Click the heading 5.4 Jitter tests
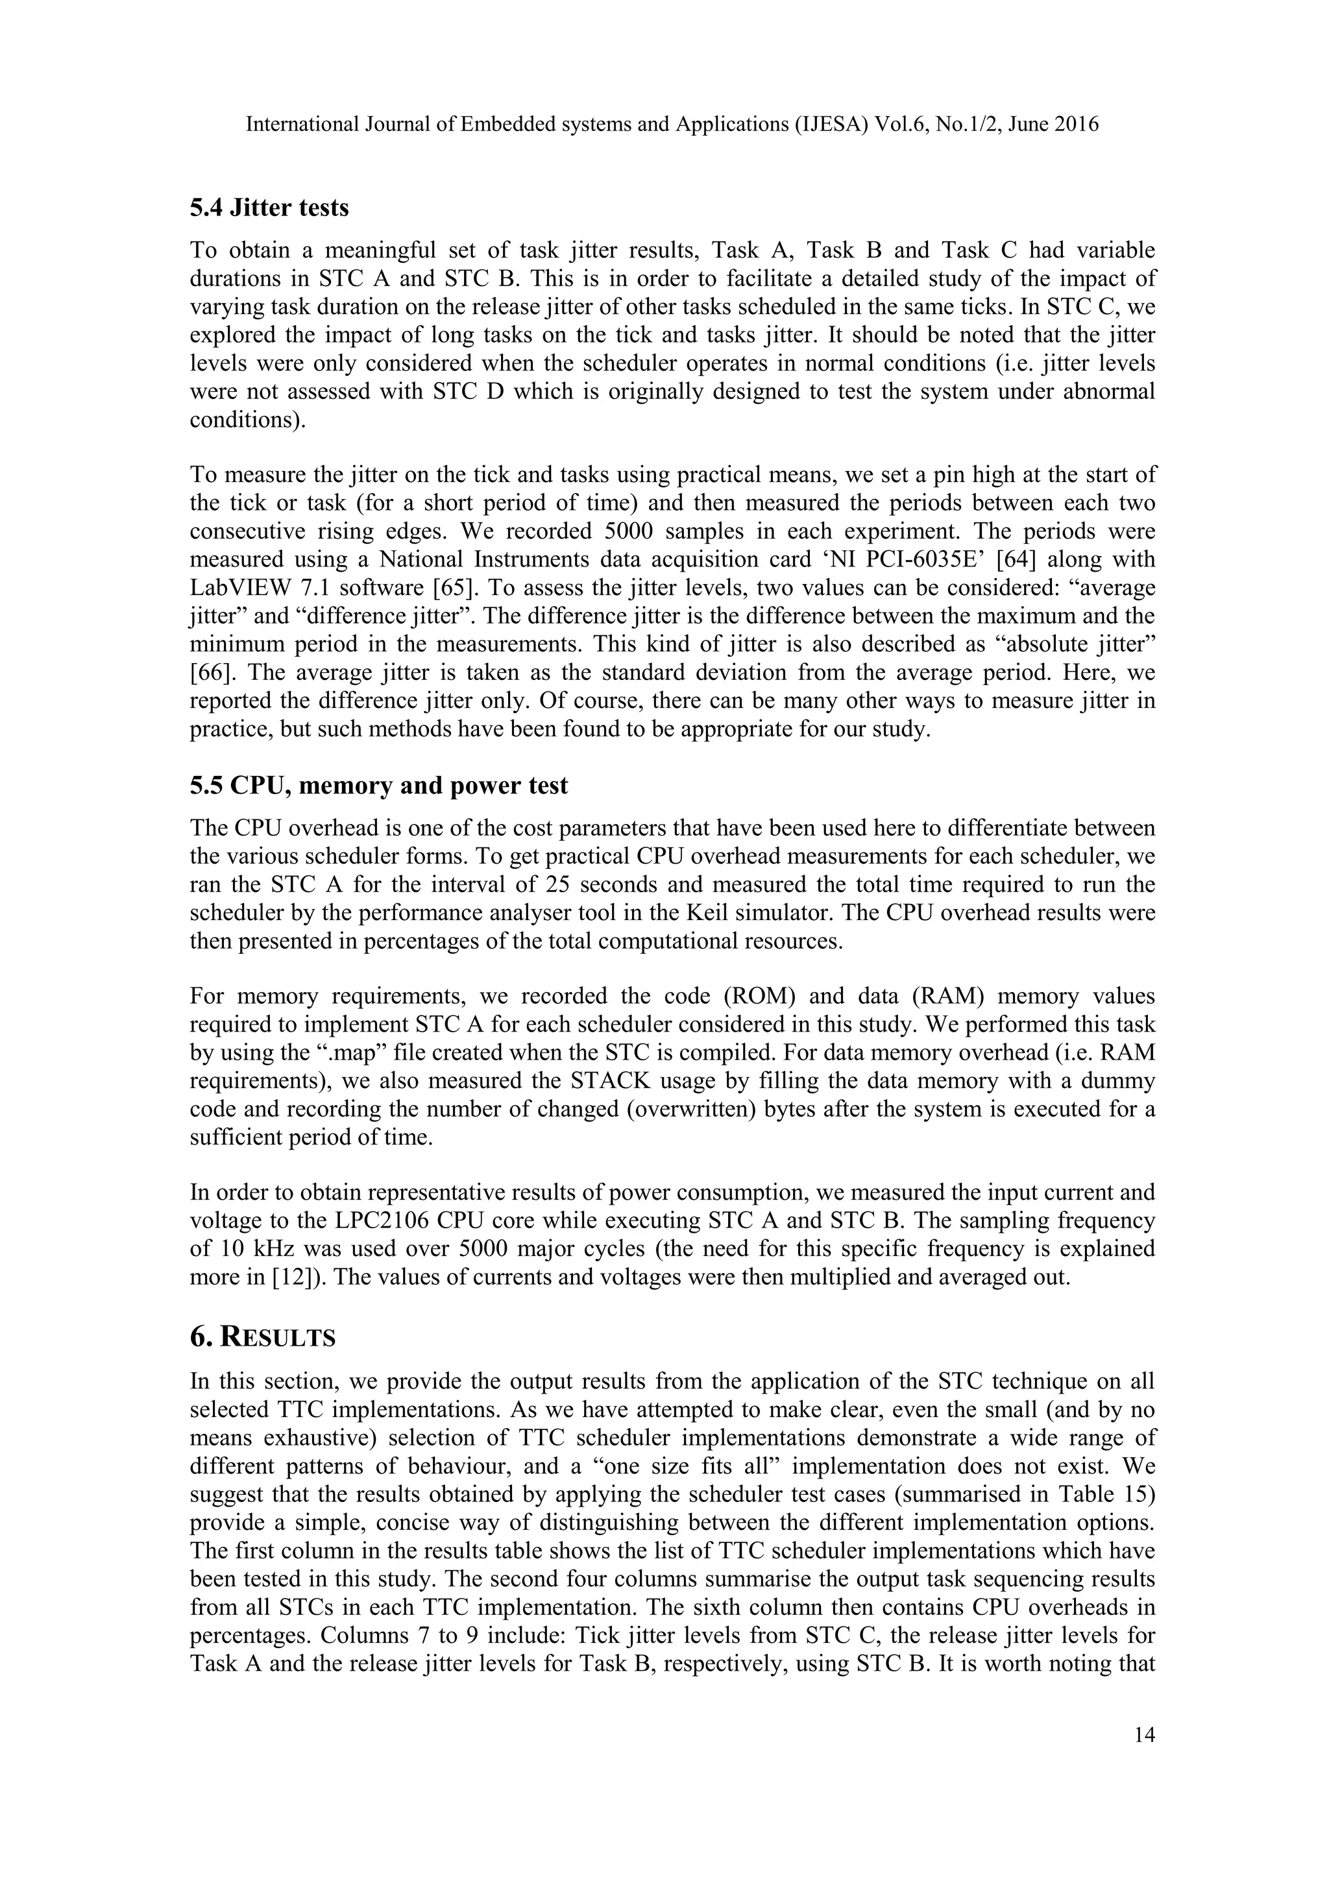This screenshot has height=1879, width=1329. [269, 208]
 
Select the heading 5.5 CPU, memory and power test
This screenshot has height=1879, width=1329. [378, 786]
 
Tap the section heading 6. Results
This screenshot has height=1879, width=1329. [263, 1337]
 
